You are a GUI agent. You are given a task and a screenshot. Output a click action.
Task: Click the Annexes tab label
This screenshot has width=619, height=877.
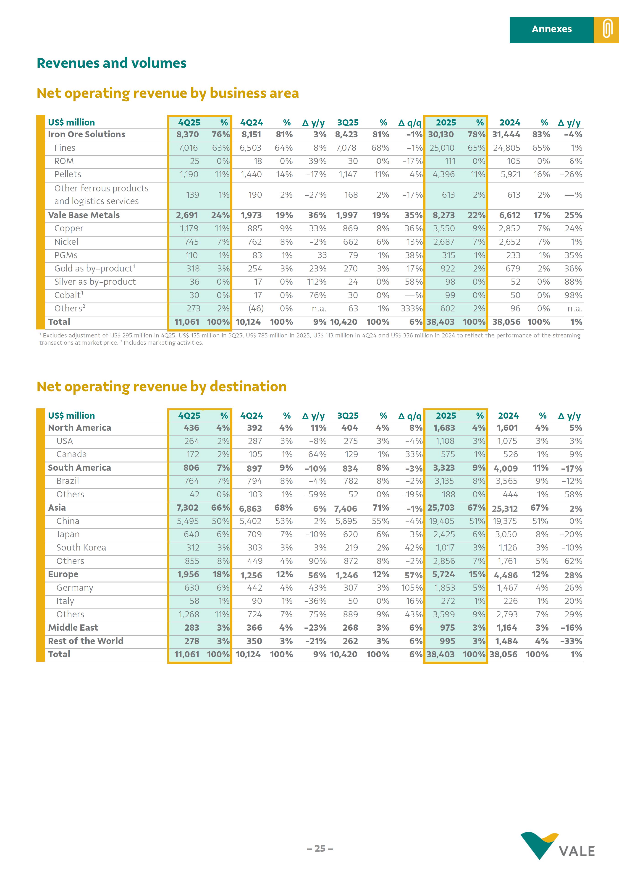coord(551,29)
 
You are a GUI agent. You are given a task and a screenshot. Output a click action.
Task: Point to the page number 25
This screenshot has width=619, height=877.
coord(320,848)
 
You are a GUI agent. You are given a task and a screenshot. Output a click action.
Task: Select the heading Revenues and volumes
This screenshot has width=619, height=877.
coord(112,63)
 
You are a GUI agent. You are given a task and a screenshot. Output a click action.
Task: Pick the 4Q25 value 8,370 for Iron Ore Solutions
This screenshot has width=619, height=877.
coord(188,134)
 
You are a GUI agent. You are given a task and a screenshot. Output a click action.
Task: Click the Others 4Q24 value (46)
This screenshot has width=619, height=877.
coord(256,309)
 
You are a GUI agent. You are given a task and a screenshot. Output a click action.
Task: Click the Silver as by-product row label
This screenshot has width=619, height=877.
coord(95,282)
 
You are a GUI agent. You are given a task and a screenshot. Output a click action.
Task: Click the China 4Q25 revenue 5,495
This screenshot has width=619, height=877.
coord(188,521)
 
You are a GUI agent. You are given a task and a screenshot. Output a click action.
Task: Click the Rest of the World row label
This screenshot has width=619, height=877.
coord(86,641)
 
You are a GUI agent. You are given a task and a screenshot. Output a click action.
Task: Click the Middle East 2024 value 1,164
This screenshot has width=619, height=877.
coord(507,628)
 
